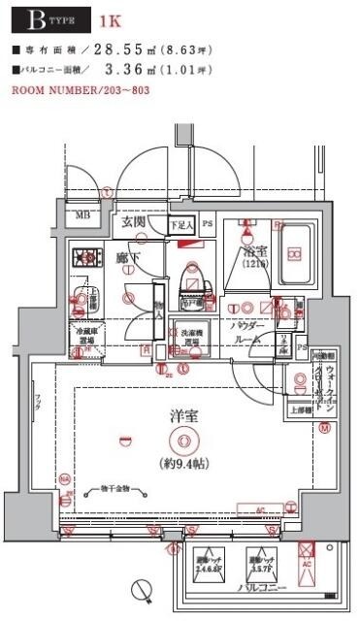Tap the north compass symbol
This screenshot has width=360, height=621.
point(142,588)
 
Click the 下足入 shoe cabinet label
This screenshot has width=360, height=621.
point(181,225)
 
